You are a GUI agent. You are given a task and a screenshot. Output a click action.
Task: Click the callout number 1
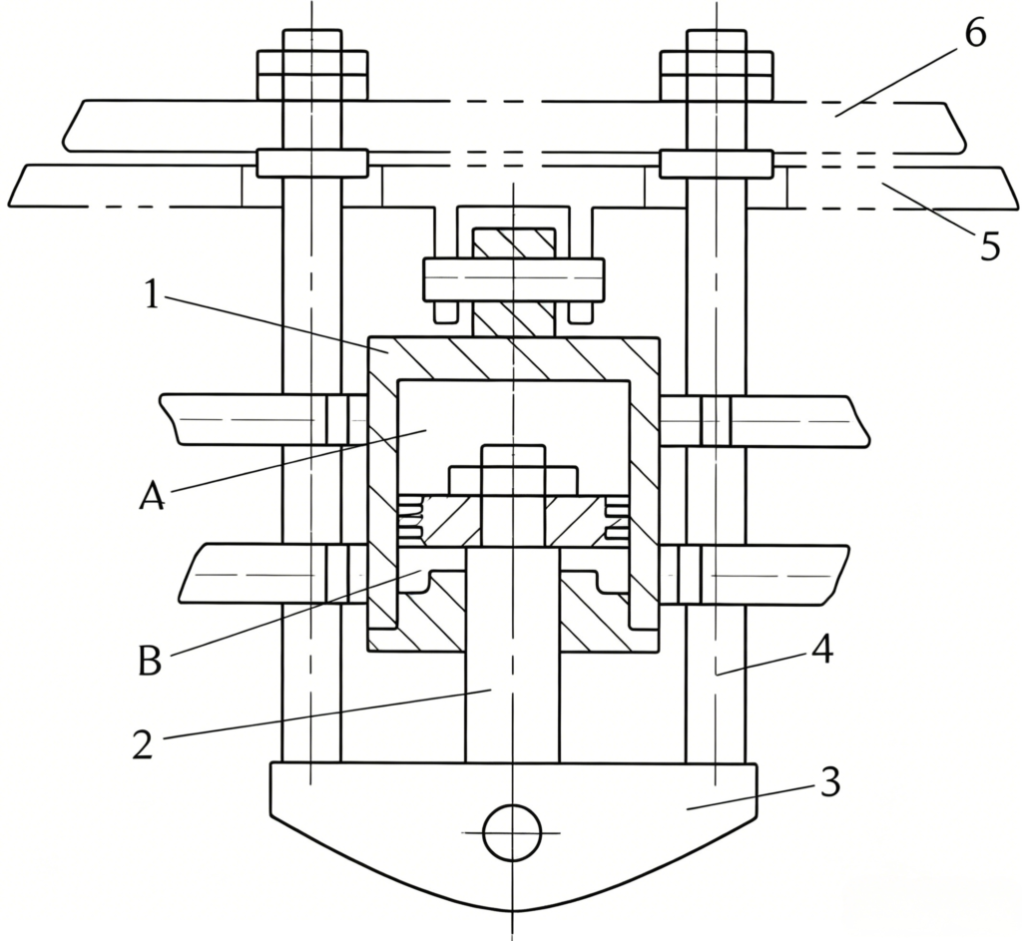(152, 295)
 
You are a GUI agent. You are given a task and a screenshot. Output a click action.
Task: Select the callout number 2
(144, 743)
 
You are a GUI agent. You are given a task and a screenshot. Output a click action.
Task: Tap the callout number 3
(829, 781)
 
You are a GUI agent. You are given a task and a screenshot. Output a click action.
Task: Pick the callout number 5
(990, 247)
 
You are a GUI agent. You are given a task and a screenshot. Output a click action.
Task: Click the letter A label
(153, 497)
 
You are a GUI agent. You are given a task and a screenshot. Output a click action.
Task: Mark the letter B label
(150, 661)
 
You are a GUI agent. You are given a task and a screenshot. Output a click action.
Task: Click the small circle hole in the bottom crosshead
(512, 832)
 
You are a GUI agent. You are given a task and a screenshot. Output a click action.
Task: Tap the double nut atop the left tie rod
(312, 65)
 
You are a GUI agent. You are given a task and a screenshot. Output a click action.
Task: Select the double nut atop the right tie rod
(717, 65)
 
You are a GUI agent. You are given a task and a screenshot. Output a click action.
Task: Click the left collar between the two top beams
(311, 163)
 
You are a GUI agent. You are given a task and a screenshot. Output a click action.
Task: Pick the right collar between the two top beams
(717, 164)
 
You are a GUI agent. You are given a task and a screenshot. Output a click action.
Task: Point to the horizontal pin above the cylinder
(514, 280)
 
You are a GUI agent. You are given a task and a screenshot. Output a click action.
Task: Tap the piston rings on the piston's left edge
(410, 518)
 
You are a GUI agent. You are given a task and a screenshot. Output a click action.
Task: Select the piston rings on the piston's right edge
(616, 518)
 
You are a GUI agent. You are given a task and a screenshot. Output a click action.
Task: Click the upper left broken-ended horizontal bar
(259, 420)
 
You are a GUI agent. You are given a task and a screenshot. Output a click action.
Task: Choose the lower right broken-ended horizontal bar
(757, 574)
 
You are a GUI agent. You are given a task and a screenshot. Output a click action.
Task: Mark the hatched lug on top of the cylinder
(514, 281)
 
